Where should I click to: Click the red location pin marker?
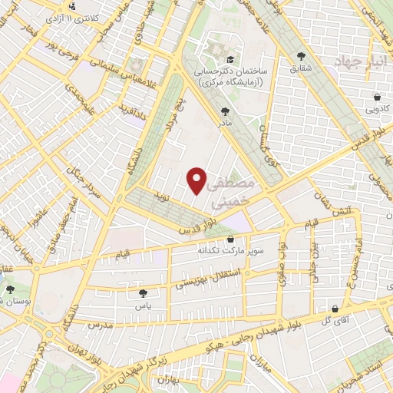coord(197,180)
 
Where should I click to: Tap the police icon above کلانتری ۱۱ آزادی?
coord(71,6)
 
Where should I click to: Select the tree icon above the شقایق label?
coord(300,56)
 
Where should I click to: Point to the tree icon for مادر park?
coord(224,111)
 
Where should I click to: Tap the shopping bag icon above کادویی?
coord(378,97)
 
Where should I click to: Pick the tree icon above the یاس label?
coord(143,292)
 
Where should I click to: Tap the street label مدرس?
coord(101,325)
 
